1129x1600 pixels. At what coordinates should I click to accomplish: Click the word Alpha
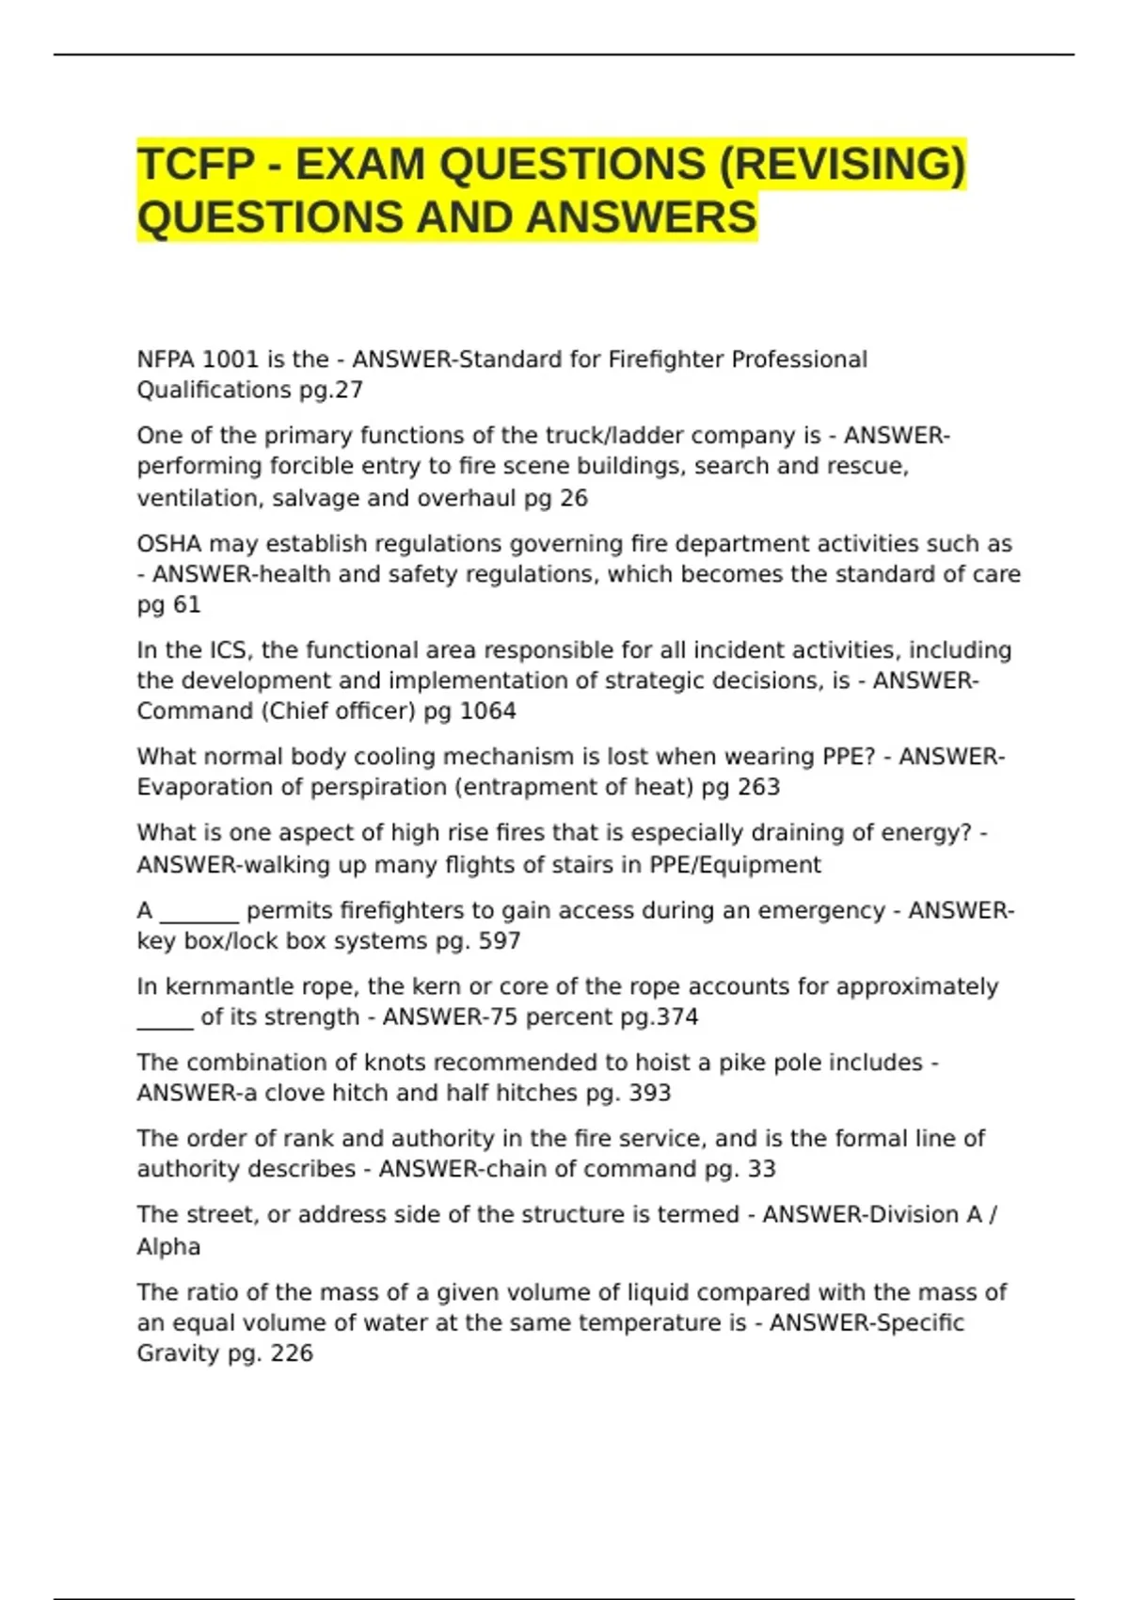[x=168, y=1246]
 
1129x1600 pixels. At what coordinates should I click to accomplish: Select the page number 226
[x=292, y=1353]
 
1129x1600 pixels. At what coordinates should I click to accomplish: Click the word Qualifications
[x=214, y=390]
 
